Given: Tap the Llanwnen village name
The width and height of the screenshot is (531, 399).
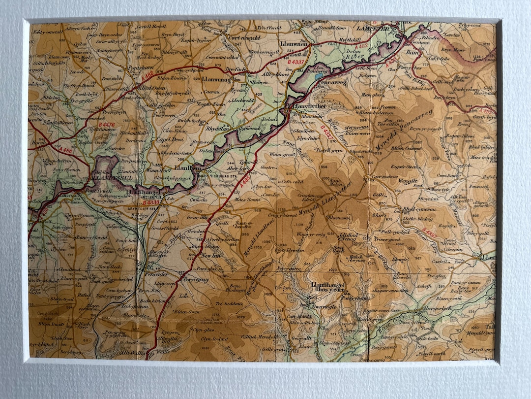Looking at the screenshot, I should (294, 44).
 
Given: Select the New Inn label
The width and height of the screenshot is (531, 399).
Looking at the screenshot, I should (209, 257).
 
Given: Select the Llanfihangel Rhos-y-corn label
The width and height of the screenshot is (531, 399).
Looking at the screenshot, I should (328, 288).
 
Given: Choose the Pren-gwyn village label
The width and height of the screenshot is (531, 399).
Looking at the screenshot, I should (115, 112).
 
